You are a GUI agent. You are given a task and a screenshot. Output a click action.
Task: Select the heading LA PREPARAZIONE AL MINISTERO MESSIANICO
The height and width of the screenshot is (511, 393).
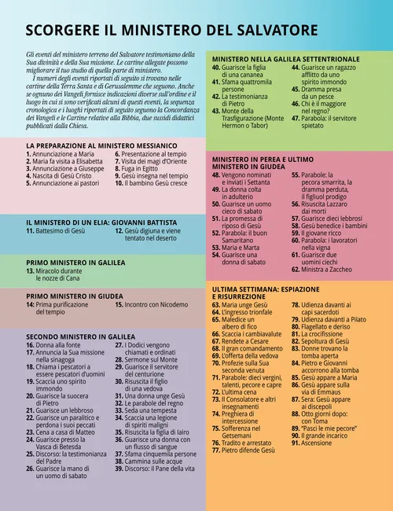click(x=101, y=146)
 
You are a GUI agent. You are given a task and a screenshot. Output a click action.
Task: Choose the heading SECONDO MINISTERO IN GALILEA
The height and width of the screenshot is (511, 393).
click(x=81, y=336)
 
